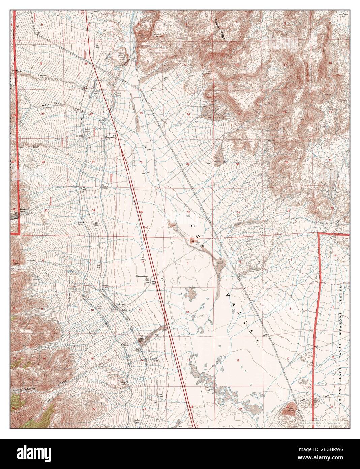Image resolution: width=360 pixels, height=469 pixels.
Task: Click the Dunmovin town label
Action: [110, 137]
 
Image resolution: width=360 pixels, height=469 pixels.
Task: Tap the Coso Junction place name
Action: [142, 276]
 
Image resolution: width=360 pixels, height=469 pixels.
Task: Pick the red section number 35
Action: [141, 212]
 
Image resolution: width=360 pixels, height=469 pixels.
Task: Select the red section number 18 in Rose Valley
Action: [238, 361]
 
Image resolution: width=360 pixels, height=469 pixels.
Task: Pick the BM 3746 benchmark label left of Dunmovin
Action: [80, 136]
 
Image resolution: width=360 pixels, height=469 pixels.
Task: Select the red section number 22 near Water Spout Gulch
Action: [91, 114]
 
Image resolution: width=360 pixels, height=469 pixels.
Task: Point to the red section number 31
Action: [238, 212]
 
